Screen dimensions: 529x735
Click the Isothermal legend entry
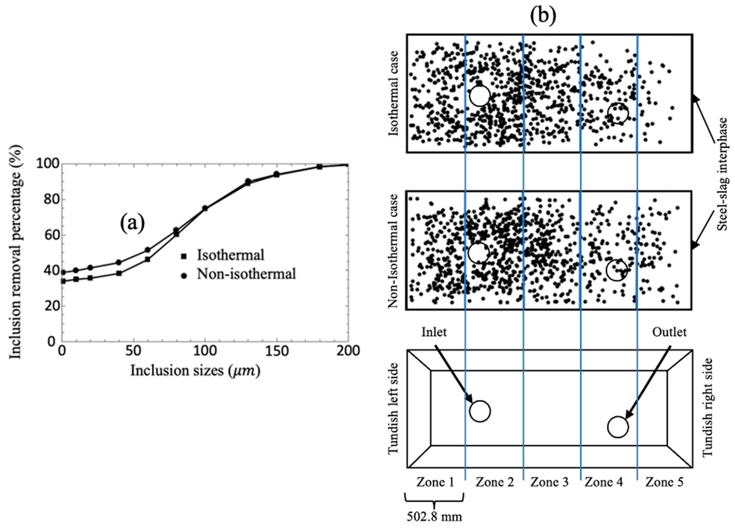click(230, 255)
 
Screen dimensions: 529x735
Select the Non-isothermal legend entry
click(246, 274)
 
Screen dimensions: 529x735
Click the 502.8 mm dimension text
click(434, 516)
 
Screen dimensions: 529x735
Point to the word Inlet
click(434, 332)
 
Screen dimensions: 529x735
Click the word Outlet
click(669, 332)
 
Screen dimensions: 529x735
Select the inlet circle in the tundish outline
click(480, 411)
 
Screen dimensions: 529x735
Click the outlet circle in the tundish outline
click(618, 427)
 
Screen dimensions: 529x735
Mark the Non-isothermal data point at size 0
click(63, 272)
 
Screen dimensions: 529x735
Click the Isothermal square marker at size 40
click(119, 273)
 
